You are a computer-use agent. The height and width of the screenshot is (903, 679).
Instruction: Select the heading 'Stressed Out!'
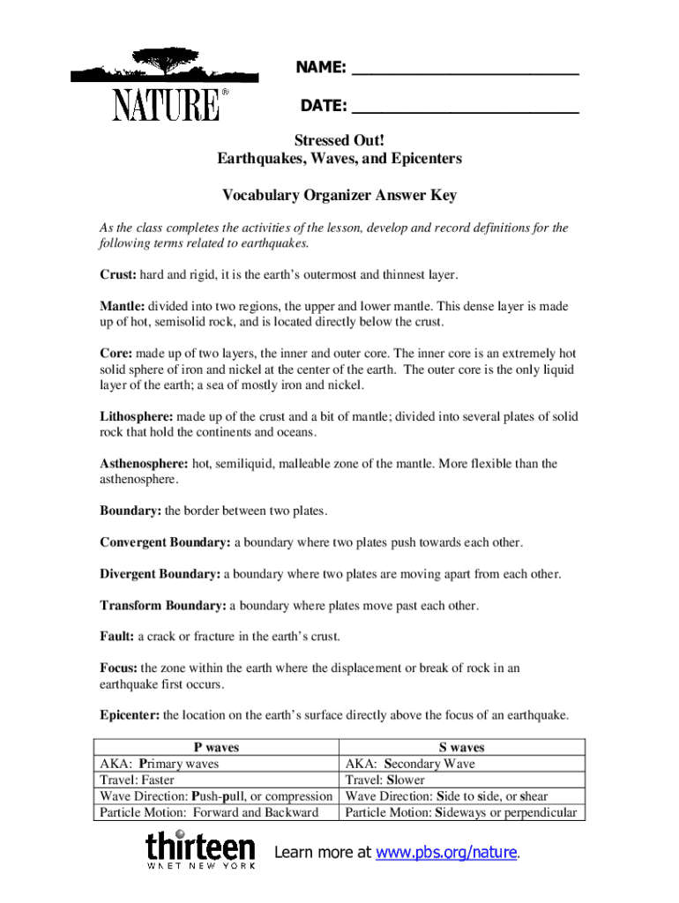pos(339,140)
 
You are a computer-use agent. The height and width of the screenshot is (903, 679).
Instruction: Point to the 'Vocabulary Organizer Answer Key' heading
pos(339,195)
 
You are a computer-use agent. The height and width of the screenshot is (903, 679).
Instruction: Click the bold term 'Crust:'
pos(117,274)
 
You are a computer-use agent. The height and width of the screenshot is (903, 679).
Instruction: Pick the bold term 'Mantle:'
pos(122,306)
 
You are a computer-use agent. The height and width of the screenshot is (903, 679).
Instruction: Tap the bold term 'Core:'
pos(115,354)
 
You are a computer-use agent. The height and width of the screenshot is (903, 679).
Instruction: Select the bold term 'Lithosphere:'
pos(137,416)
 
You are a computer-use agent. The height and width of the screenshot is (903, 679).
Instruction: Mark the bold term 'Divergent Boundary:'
pos(160,574)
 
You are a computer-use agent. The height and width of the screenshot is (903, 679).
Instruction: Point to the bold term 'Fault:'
pos(116,637)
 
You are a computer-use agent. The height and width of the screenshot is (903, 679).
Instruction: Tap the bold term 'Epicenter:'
pos(129,715)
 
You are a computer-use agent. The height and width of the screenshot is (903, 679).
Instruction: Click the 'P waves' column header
pos(216,748)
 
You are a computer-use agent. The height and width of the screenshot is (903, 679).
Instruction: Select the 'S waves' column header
pos(461,748)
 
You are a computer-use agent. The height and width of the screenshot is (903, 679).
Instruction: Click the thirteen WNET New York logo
pos(200,850)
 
